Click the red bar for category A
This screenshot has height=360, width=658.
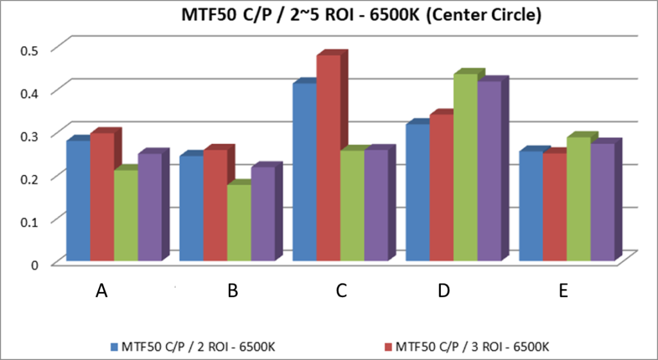tap(102, 196)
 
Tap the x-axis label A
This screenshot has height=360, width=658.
tap(101, 291)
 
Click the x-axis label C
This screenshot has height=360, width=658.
tap(341, 291)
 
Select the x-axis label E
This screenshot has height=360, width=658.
tap(564, 291)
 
